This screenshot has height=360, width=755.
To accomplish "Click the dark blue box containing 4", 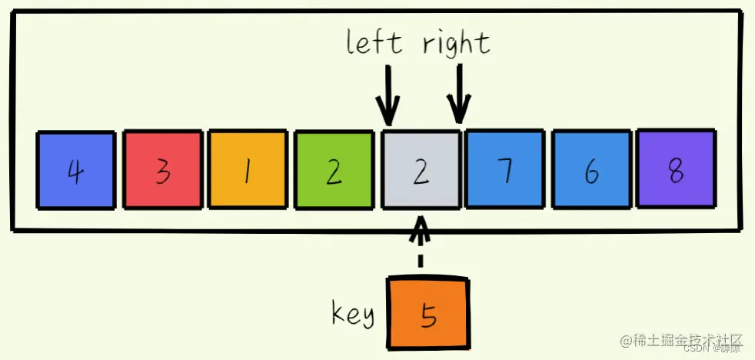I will click(76, 170).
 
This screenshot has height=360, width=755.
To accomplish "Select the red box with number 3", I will click(162, 170).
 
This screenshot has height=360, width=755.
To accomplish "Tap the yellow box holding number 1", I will click(248, 170).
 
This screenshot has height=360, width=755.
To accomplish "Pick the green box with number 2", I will click(334, 170).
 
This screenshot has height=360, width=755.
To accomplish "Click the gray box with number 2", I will click(421, 170).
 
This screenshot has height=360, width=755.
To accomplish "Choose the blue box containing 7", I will click(504, 170).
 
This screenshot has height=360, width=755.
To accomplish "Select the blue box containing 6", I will click(590, 170).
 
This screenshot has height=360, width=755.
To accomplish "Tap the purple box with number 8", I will click(677, 169).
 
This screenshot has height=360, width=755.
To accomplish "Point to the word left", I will click(374, 42).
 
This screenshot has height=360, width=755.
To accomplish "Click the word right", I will click(456, 43).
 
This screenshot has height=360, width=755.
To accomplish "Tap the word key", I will click(353, 314).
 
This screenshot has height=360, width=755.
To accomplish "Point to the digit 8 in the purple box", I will click(677, 170).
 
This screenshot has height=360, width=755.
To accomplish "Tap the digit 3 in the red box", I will click(162, 172).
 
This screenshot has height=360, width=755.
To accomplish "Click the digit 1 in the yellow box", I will click(248, 172).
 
